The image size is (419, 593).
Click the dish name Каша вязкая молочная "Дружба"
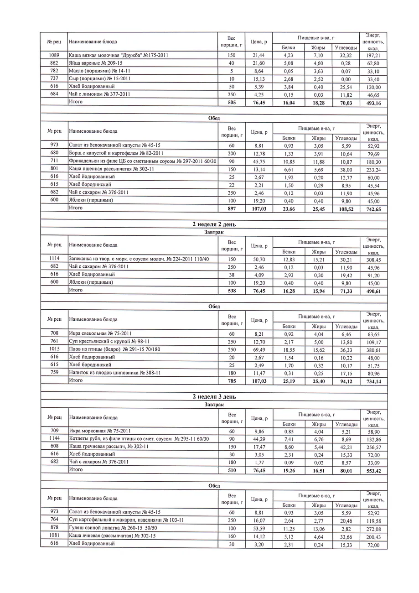118,55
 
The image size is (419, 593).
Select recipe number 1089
54,55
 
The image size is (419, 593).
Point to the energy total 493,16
373,103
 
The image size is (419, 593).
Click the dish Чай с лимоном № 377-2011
100,94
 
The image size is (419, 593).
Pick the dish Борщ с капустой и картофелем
116,153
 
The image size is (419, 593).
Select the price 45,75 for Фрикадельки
259,161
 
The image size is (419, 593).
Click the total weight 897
232,208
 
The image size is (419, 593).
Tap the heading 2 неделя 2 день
214,224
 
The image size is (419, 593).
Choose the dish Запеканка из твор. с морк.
139,259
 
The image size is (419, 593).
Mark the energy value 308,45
373,259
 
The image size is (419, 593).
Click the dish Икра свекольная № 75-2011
100,333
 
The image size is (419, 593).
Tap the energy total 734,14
373,381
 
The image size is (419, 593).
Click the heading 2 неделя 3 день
214,396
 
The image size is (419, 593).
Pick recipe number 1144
54,438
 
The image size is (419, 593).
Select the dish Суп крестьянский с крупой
109,341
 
